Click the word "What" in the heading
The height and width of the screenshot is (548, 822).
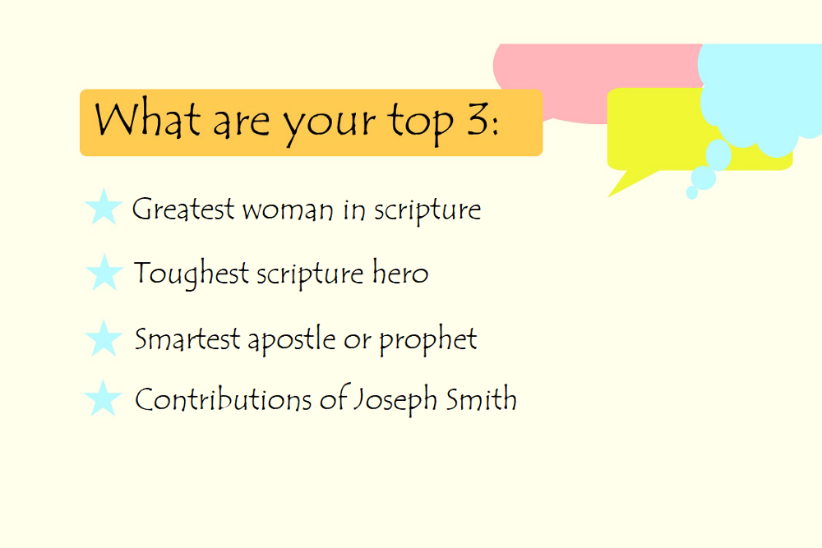tap(147, 120)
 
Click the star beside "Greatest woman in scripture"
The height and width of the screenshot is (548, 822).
tap(104, 207)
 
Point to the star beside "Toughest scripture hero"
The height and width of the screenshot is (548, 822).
tap(104, 272)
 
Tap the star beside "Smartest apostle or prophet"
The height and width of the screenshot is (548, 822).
tap(104, 338)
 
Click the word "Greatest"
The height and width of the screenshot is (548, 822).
tap(183, 210)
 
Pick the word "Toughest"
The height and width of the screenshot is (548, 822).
tap(192, 274)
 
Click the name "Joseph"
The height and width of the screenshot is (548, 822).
tap(395, 401)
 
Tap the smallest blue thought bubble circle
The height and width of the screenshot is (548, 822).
tap(692, 193)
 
